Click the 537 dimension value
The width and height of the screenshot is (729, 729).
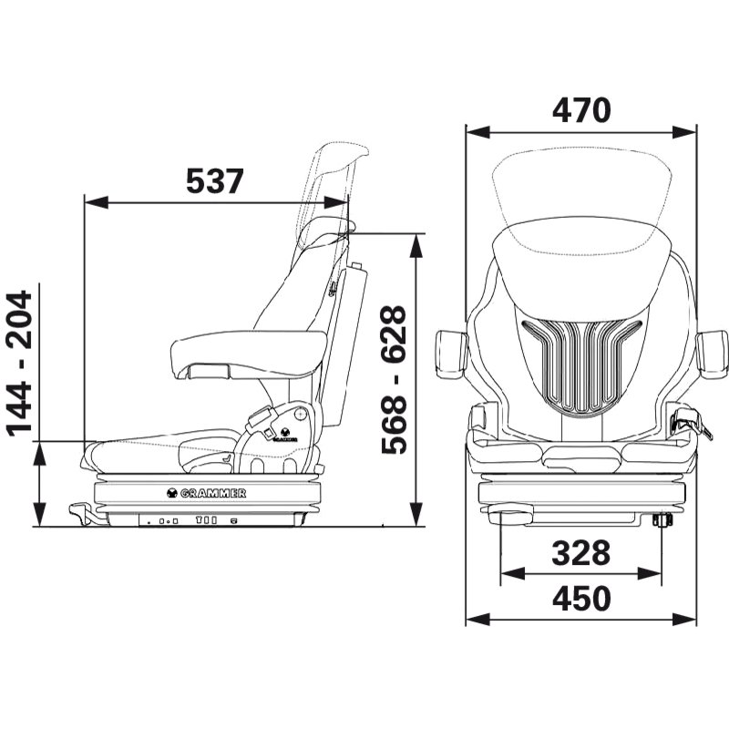[x=214, y=180]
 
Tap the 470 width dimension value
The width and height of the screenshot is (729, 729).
[x=581, y=110]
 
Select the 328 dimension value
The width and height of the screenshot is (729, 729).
[x=580, y=553]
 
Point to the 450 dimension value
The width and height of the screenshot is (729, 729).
[x=581, y=599]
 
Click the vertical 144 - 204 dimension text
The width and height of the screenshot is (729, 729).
[x=20, y=364]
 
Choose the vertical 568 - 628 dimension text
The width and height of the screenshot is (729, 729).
[x=394, y=379]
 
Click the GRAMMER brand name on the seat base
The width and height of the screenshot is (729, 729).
[x=212, y=493]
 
